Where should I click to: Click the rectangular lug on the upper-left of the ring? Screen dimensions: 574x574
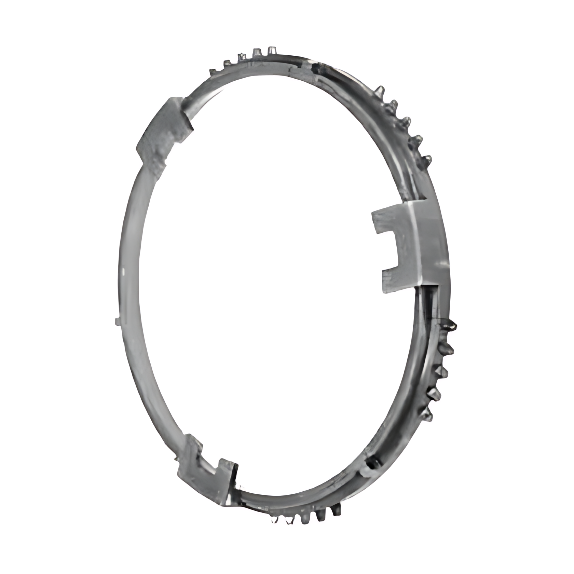pos(164,133)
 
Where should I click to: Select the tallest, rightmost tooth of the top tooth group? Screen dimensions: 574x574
pos(271,51)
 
